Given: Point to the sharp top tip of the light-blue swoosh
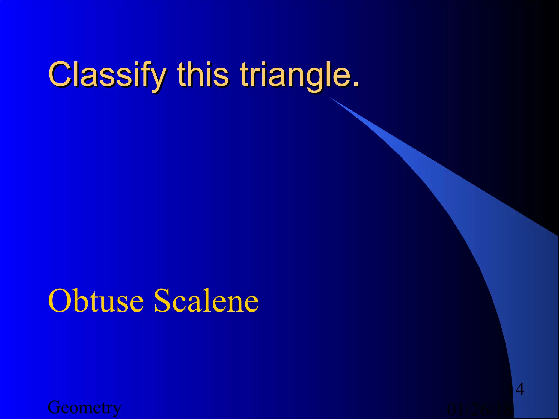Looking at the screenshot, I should point(331,98).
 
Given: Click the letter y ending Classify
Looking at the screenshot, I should point(158,78).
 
